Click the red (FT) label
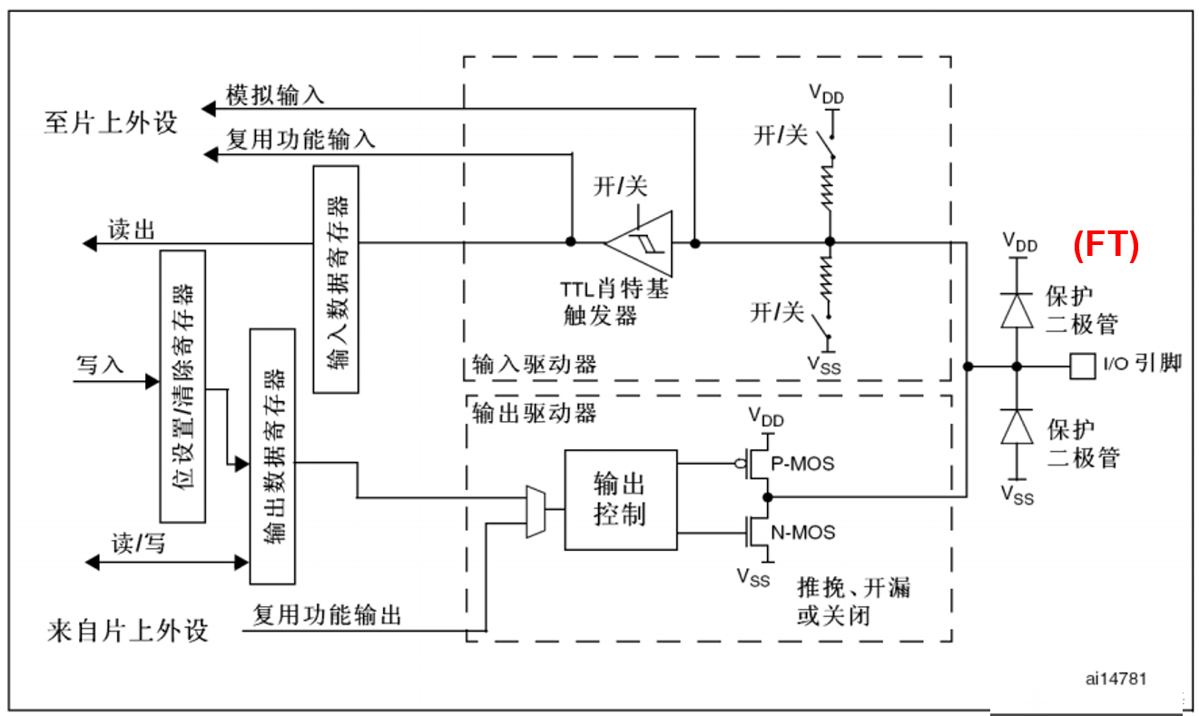point(1106,246)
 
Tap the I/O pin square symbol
point(1082,367)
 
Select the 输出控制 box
point(621,500)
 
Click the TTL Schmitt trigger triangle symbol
point(639,243)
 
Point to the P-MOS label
point(802,464)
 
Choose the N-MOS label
point(803,533)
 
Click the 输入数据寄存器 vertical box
point(336,280)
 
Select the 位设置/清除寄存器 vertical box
point(182,387)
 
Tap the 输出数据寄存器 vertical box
point(272,456)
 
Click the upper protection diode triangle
point(1017,310)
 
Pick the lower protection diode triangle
point(1017,427)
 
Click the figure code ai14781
point(1116,679)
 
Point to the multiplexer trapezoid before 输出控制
point(536,512)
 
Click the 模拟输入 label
point(275,95)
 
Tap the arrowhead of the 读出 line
point(90,244)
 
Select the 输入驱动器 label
point(534,365)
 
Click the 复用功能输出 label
point(327,615)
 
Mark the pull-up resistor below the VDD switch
point(829,185)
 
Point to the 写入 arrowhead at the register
point(152,381)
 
